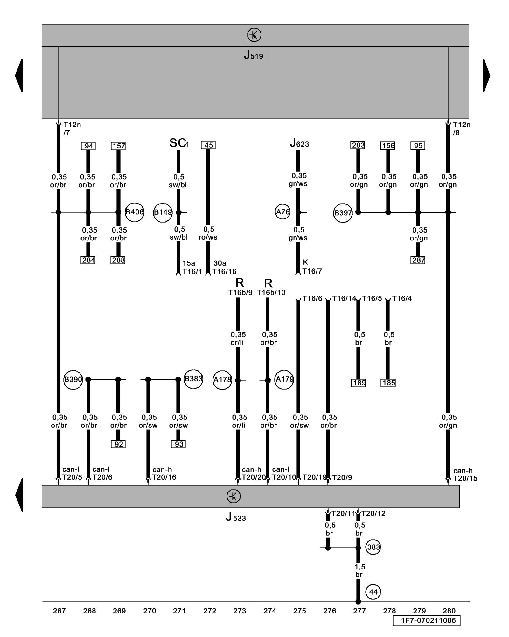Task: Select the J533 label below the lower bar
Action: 236,517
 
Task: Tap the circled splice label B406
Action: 135,212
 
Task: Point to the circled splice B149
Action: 163,212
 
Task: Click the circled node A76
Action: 282,212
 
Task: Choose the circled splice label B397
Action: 343,213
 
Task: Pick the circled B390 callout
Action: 73,380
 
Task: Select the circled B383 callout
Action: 193,379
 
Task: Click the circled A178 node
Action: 222,380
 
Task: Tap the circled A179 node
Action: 284,379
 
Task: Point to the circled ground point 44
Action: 373,592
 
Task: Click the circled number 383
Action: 373,547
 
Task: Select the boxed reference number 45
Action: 208,145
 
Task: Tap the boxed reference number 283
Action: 358,145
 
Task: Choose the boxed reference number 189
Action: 359,383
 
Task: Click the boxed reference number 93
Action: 178,444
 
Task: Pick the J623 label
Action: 299,143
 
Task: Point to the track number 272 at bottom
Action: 210,611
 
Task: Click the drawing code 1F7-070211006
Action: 426,620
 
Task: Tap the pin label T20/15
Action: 465,478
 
